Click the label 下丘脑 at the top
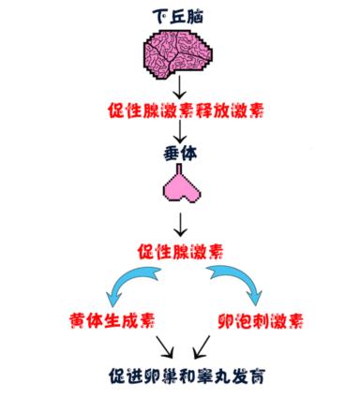pyautogui.click(x=180, y=16)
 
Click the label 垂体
pyautogui.click(x=180, y=152)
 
